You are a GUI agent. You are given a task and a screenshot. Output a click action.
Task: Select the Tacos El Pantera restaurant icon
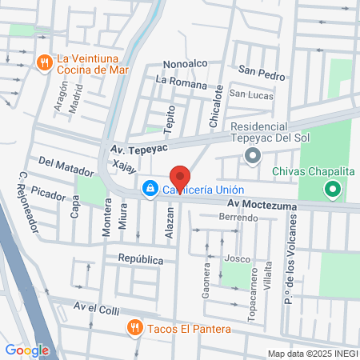coord(134,328)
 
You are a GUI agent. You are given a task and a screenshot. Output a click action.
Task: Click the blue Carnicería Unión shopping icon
coord(149,189)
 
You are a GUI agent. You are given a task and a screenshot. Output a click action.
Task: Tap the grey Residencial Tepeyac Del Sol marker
coord(253,155)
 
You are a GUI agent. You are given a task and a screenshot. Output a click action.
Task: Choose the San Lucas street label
coord(251,95)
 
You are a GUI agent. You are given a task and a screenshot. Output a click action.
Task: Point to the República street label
coord(141,259)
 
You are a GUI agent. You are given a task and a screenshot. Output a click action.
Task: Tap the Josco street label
coord(237,258)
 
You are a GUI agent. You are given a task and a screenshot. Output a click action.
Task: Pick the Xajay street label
coord(125,167)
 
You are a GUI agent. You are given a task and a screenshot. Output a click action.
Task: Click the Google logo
coord(26,350)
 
